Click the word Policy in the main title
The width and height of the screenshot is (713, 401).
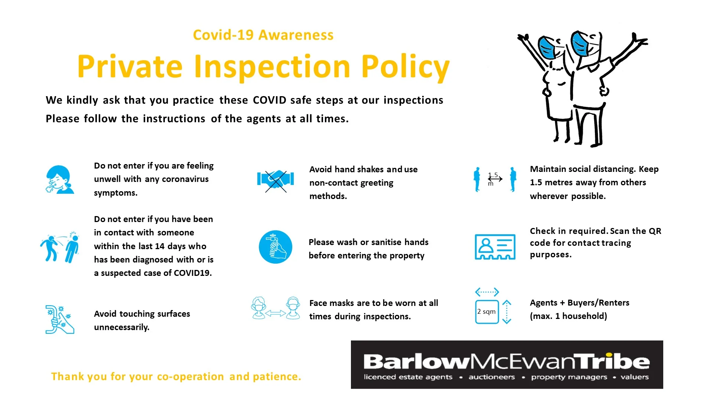(x=406, y=66)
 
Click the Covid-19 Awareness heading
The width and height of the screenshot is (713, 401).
(x=263, y=35)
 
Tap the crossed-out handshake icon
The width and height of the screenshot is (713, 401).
(x=276, y=181)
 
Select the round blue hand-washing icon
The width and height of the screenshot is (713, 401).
(x=276, y=247)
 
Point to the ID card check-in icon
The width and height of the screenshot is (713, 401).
(x=495, y=247)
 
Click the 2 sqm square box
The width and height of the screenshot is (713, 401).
(x=487, y=312)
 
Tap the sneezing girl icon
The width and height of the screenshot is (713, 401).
(x=59, y=180)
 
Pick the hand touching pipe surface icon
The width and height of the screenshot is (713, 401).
(x=59, y=319)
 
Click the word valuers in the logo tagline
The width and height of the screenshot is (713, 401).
(x=635, y=377)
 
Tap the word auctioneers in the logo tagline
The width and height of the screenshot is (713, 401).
(x=492, y=377)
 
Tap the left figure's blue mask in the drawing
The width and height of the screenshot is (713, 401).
(x=547, y=48)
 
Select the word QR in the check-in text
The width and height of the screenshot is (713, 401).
(x=655, y=231)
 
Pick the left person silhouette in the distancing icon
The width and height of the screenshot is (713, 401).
(x=477, y=179)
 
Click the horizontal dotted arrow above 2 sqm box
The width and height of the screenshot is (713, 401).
(x=487, y=292)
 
